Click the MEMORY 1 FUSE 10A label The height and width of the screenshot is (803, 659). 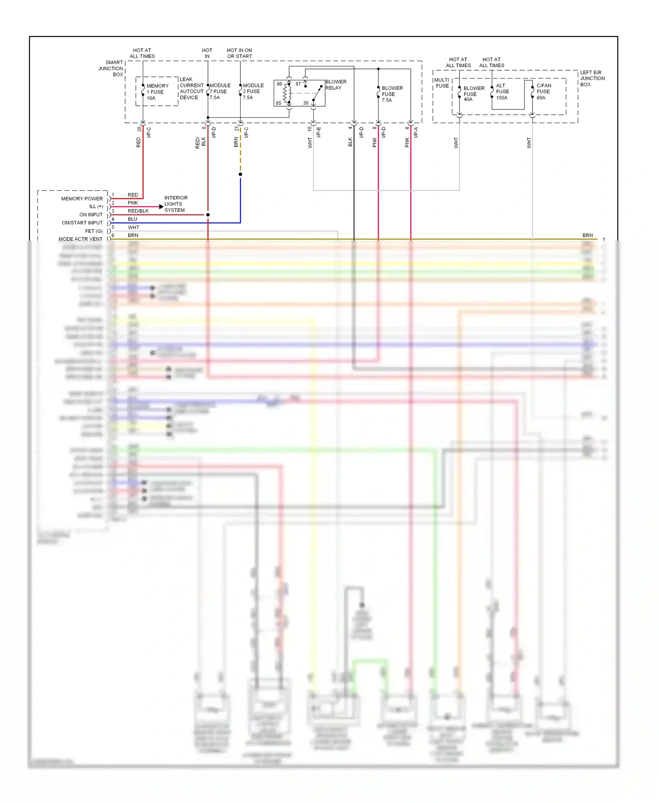(x=157, y=92)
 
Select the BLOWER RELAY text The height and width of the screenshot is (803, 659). (x=336, y=85)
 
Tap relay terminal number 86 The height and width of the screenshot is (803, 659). (x=279, y=84)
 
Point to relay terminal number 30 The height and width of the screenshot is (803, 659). (x=306, y=103)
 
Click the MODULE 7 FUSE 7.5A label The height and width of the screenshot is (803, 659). (x=220, y=91)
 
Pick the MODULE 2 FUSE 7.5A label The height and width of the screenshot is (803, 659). (x=253, y=91)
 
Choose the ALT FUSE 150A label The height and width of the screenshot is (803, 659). (x=502, y=92)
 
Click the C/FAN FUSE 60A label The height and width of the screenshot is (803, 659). (x=543, y=92)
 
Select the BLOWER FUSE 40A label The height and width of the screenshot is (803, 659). (x=474, y=94)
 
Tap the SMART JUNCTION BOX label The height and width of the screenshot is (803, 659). (x=112, y=69)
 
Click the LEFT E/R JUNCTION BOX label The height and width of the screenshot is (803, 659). (x=592, y=79)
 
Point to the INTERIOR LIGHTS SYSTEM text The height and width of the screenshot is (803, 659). (x=175, y=204)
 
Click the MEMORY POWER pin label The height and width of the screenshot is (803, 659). (x=82, y=199)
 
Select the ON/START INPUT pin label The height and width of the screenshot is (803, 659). (x=82, y=223)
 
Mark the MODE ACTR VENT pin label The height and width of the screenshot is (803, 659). (x=80, y=239)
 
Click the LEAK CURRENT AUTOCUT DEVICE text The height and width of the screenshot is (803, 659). (x=191, y=88)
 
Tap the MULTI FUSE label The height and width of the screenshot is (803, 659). (x=442, y=83)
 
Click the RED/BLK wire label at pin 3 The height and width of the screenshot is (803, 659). (x=138, y=211)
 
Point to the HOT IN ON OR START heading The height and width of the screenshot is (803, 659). (x=239, y=53)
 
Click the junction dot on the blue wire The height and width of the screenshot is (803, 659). (x=240, y=174)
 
